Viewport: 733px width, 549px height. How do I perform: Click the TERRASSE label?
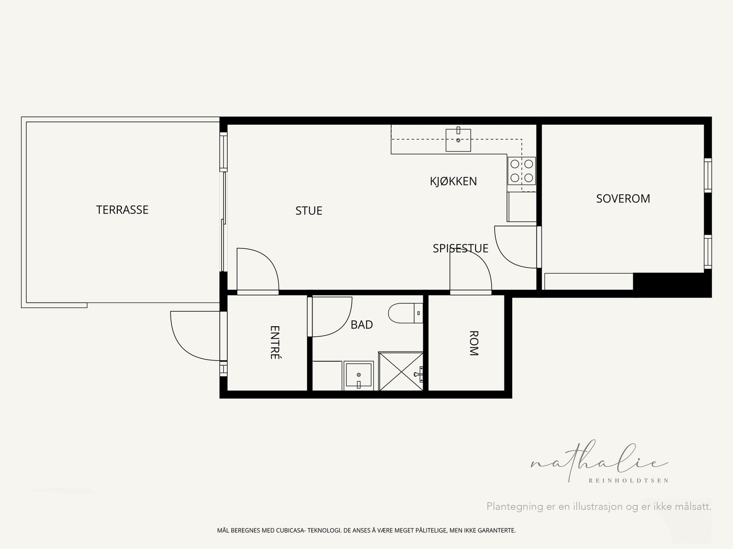pyautogui.click(x=122, y=210)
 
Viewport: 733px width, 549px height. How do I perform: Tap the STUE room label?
pyautogui.click(x=309, y=211)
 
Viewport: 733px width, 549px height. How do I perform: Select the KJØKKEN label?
pyautogui.click(x=453, y=181)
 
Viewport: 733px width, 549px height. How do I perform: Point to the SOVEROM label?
pyautogui.click(x=623, y=199)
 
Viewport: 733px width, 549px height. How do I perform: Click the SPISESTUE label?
pyautogui.click(x=460, y=248)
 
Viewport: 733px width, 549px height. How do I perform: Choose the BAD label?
pyautogui.click(x=361, y=324)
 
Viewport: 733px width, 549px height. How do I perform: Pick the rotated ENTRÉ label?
pyautogui.click(x=275, y=342)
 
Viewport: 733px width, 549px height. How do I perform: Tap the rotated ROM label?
pyautogui.click(x=474, y=343)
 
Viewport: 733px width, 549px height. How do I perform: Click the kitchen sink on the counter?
pyautogui.click(x=458, y=140)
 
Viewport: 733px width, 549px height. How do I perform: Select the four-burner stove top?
pyautogui.click(x=522, y=170)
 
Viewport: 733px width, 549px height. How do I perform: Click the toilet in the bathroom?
pyautogui.click(x=405, y=313)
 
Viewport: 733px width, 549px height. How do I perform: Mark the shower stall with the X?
pyautogui.click(x=401, y=371)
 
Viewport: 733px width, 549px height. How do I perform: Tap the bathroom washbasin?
pyautogui.click(x=358, y=375)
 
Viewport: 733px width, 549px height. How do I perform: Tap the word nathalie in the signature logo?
pyautogui.click(x=599, y=461)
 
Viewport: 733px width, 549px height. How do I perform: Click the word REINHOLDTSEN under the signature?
pyautogui.click(x=629, y=481)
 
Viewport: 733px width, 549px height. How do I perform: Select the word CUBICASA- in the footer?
pyautogui.click(x=290, y=530)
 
